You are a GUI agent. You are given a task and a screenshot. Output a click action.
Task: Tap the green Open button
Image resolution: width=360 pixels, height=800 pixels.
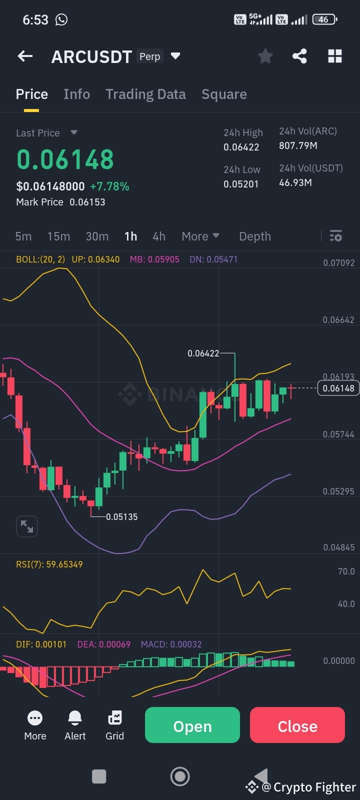point(192,725)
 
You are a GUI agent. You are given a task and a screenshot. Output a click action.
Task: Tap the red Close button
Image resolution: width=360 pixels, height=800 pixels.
point(297,725)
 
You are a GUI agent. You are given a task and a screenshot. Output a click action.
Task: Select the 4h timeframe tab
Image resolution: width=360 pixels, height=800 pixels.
point(159,236)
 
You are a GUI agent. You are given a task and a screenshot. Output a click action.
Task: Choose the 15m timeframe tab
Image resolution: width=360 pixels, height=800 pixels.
point(58,236)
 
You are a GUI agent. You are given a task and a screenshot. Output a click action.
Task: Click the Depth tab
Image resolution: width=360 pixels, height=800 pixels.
point(255,236)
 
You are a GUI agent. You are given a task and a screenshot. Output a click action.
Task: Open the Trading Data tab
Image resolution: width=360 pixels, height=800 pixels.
point(145,94)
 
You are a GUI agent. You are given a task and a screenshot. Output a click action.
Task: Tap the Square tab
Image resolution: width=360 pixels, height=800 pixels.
point(224,94)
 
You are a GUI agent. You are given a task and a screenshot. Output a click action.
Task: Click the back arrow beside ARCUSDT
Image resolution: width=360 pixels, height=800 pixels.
point(25,56)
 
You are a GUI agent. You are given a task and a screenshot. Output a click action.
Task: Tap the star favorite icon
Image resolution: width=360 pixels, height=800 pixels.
point(265,56)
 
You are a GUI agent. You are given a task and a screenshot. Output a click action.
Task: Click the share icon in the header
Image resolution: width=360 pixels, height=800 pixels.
point(299,56)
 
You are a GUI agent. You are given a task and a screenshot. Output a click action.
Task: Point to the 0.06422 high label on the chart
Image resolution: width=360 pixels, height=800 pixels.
point(203,353)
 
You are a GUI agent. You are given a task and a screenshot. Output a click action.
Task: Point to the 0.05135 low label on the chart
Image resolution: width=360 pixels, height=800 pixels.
point(121,517)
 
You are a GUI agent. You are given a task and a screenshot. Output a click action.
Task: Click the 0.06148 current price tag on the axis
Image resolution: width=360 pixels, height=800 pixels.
point(338,388)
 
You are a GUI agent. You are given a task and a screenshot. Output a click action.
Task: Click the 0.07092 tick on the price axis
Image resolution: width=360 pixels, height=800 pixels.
point(338,263)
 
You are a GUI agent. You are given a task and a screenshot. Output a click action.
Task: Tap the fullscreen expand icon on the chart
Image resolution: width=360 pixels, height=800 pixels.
point(27,526)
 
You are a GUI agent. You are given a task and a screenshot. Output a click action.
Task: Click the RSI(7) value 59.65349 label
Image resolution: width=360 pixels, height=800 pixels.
point(64,564)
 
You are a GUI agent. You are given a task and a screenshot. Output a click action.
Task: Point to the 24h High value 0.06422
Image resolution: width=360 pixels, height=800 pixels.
point(241,147)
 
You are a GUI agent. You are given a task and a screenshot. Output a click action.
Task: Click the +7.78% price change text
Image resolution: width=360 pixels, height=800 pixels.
point(109,186)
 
